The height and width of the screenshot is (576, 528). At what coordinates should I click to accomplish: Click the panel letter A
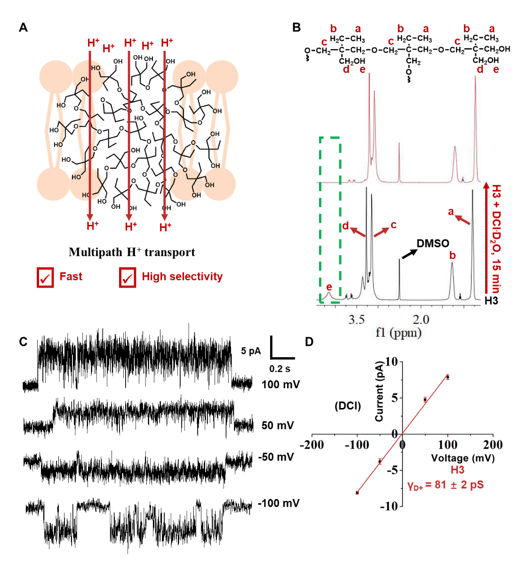pos(23,28)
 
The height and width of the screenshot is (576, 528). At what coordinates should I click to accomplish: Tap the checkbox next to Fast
pos(45,278)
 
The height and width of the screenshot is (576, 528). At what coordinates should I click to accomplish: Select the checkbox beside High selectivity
pos(128,278)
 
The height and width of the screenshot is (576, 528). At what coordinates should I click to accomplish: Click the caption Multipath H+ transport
pos(132,252)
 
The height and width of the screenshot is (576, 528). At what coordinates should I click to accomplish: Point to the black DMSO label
pos(432,243)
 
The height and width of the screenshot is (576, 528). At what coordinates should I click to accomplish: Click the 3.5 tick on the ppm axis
pos(356,320)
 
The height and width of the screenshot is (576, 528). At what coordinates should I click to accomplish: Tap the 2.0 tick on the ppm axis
pos(421,320)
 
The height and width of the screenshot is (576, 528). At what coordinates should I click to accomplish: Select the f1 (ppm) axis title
pos(398,333)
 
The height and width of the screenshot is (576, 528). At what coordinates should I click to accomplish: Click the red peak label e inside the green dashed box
pos(329,287)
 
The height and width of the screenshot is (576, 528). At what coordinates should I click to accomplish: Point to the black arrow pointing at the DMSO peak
pos(409,254)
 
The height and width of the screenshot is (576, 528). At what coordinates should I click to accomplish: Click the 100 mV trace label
pos(280,384)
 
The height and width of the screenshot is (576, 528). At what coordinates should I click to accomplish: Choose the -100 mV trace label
pos(279,503)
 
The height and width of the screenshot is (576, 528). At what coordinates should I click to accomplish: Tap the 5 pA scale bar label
pos(251,351)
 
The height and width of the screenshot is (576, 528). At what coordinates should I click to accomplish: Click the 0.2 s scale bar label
pos(280,368)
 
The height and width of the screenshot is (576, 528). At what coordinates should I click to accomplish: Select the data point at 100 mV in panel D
pos(448,377)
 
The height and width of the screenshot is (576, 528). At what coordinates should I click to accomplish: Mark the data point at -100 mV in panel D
pos(357,493)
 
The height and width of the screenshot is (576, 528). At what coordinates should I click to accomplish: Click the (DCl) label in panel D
pos(348,406)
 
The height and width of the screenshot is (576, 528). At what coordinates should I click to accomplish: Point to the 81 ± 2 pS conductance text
pos(446,485)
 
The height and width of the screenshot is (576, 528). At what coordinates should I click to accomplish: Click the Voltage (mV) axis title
pos(463,457)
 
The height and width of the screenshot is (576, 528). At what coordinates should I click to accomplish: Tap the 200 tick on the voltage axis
pos(493,445)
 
